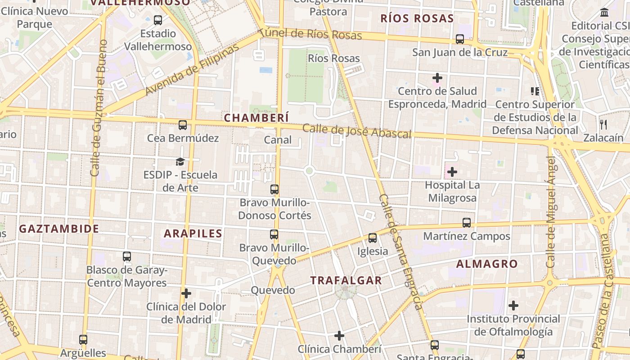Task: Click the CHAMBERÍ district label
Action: (256, 118)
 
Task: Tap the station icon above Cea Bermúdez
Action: (182, 125)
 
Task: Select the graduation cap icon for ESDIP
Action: (180, 162)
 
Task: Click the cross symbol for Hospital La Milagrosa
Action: (452, 172)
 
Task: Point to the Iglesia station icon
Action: (373, 238)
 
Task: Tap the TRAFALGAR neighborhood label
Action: (346, 280)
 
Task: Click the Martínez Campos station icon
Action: (467, 223)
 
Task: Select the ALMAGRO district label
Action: (487, 264)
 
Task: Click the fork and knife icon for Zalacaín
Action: (603, 124)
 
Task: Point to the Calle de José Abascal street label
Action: (357, 131)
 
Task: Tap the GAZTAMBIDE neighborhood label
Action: (59, 229)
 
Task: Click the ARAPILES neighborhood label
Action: (193, 234)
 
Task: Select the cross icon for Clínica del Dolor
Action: (186, 294)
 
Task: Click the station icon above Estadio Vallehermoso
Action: (157, 20)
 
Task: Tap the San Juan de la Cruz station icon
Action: (459, 39)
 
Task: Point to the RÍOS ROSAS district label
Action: (417, 18)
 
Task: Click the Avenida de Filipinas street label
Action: (192, 70)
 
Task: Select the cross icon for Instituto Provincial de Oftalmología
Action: (513, 306)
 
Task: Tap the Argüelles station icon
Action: (83, 340)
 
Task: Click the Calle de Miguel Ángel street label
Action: (551, 211)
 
